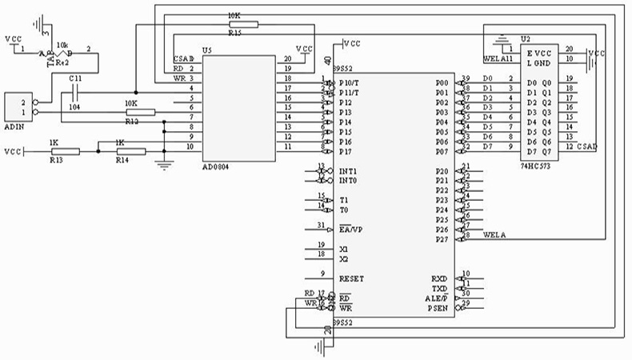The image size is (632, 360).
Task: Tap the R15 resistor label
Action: click(x=234, y=34)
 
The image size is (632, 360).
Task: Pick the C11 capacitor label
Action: click(x=75, y=78)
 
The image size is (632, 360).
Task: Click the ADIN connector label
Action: click(x=16, y=126)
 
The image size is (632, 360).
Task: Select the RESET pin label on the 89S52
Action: click(x=352, y=278)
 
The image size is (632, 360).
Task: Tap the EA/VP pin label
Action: click(x=351, y=230)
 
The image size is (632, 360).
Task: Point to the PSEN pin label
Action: click(x=438, y=307)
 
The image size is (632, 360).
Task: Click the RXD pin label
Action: click(x=440, y=278)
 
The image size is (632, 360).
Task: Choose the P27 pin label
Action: click(x=441, y=238)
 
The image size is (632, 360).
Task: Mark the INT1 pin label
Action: click(x=348, y=171)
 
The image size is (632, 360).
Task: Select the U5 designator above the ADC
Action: click(x=207, y=50)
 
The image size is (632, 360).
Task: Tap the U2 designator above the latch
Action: click(x=525, y=38)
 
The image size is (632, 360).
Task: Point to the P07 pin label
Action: click(x=442, y=151)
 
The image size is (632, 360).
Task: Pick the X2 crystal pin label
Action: click(x=344, y=259)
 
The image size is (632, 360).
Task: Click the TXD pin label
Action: click(x=440, y=288)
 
